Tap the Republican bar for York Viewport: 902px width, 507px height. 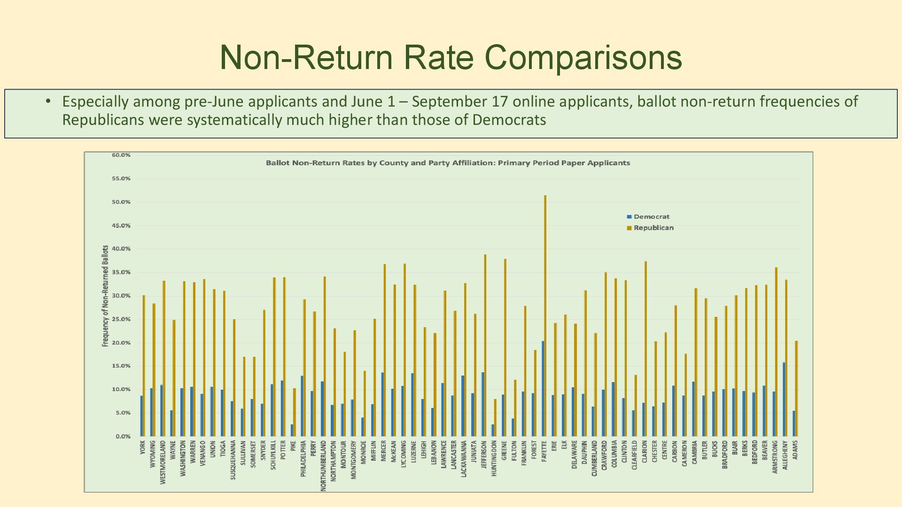point(144,366)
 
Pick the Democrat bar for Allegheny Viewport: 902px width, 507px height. point(784,399)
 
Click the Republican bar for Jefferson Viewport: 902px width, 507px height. point(485,346)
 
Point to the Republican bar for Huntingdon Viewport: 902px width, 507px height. point(495,418)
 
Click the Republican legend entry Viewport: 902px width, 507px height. point(653,228)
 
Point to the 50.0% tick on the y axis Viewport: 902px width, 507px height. point(121,202)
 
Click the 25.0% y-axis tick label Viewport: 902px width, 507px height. point(121,319)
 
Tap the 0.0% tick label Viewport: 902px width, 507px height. point(123,437)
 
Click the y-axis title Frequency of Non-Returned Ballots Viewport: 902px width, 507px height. point(105,296)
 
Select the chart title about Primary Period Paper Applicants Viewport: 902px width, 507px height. point(448,163)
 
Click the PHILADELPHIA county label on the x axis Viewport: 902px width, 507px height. point(303,459)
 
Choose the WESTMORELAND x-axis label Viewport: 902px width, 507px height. point(163,462)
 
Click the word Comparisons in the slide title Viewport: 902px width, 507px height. point(583,57)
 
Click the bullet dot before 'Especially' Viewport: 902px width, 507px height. point(48,101)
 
